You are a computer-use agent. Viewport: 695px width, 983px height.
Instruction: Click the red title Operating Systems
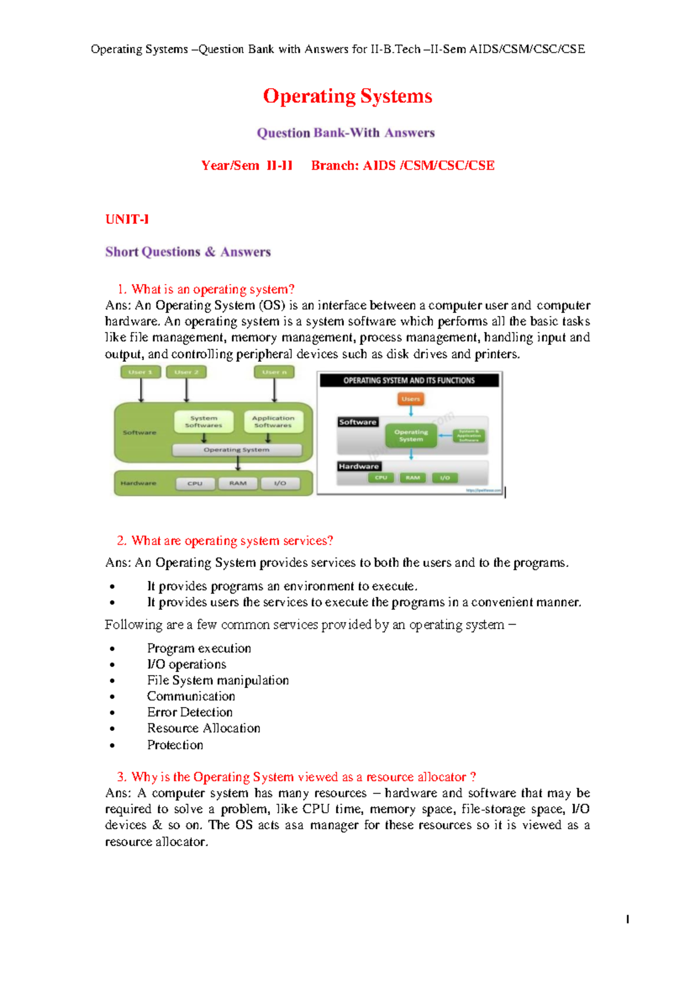coord(348,96)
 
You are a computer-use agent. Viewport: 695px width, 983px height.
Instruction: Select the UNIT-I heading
coord(127,220)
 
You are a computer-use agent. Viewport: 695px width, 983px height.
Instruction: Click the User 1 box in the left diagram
coord(141,372)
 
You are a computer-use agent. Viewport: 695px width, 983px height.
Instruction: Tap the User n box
coord(275,372)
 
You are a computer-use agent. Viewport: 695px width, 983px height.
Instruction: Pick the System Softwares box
coord(203,421)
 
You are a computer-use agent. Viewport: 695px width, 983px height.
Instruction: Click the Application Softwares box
coord(273,421)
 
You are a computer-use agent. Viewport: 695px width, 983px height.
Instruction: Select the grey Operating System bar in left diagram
coord(236,450)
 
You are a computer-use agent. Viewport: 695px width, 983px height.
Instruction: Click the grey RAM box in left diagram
coord(237,483)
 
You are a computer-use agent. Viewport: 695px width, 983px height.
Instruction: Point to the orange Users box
coord(411,399)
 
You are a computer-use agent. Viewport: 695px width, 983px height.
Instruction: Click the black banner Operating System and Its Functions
coord(409,381)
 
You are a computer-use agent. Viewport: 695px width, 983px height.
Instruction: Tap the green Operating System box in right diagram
coord(411,436)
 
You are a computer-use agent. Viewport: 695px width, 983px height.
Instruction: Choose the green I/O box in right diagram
coord(445,478)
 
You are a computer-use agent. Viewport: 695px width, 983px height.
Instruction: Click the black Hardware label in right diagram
coord(359,466)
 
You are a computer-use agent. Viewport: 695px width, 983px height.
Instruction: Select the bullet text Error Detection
coord(189,712)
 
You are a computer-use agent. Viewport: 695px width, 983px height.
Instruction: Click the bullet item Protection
coord(175,745)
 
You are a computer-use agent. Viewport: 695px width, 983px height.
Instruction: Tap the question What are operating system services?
coord(232,541)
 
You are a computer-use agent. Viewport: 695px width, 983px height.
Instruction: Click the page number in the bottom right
coord(627,919)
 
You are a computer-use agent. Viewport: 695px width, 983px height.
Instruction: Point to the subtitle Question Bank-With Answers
coord(346,133)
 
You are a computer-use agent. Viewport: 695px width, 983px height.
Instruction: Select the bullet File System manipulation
coord(218,680)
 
